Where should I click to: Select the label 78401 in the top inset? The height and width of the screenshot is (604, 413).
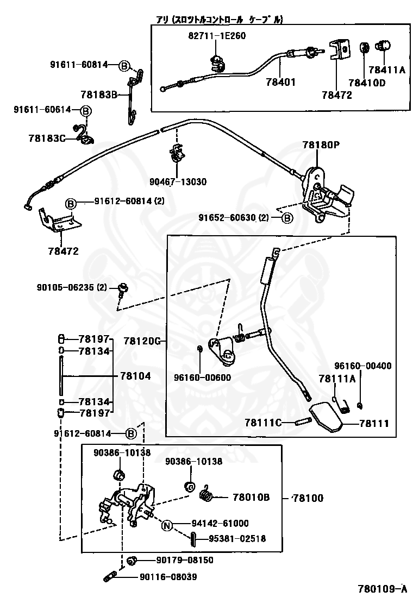280,83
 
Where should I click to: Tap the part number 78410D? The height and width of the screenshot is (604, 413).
366,83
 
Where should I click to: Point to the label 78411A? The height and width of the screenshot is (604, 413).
386,70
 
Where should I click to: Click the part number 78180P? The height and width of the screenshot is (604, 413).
321,145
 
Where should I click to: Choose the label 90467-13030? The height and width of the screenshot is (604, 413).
178,181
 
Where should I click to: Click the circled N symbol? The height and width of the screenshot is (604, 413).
167,524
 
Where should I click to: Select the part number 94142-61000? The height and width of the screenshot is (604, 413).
220,524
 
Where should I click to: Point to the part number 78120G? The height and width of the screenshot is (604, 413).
142,341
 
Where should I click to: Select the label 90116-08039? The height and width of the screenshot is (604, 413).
168,577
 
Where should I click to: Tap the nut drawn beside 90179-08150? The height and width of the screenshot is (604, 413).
131,560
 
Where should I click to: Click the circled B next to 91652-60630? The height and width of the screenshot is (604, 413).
286,218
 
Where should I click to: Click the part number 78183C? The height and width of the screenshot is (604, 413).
46,138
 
